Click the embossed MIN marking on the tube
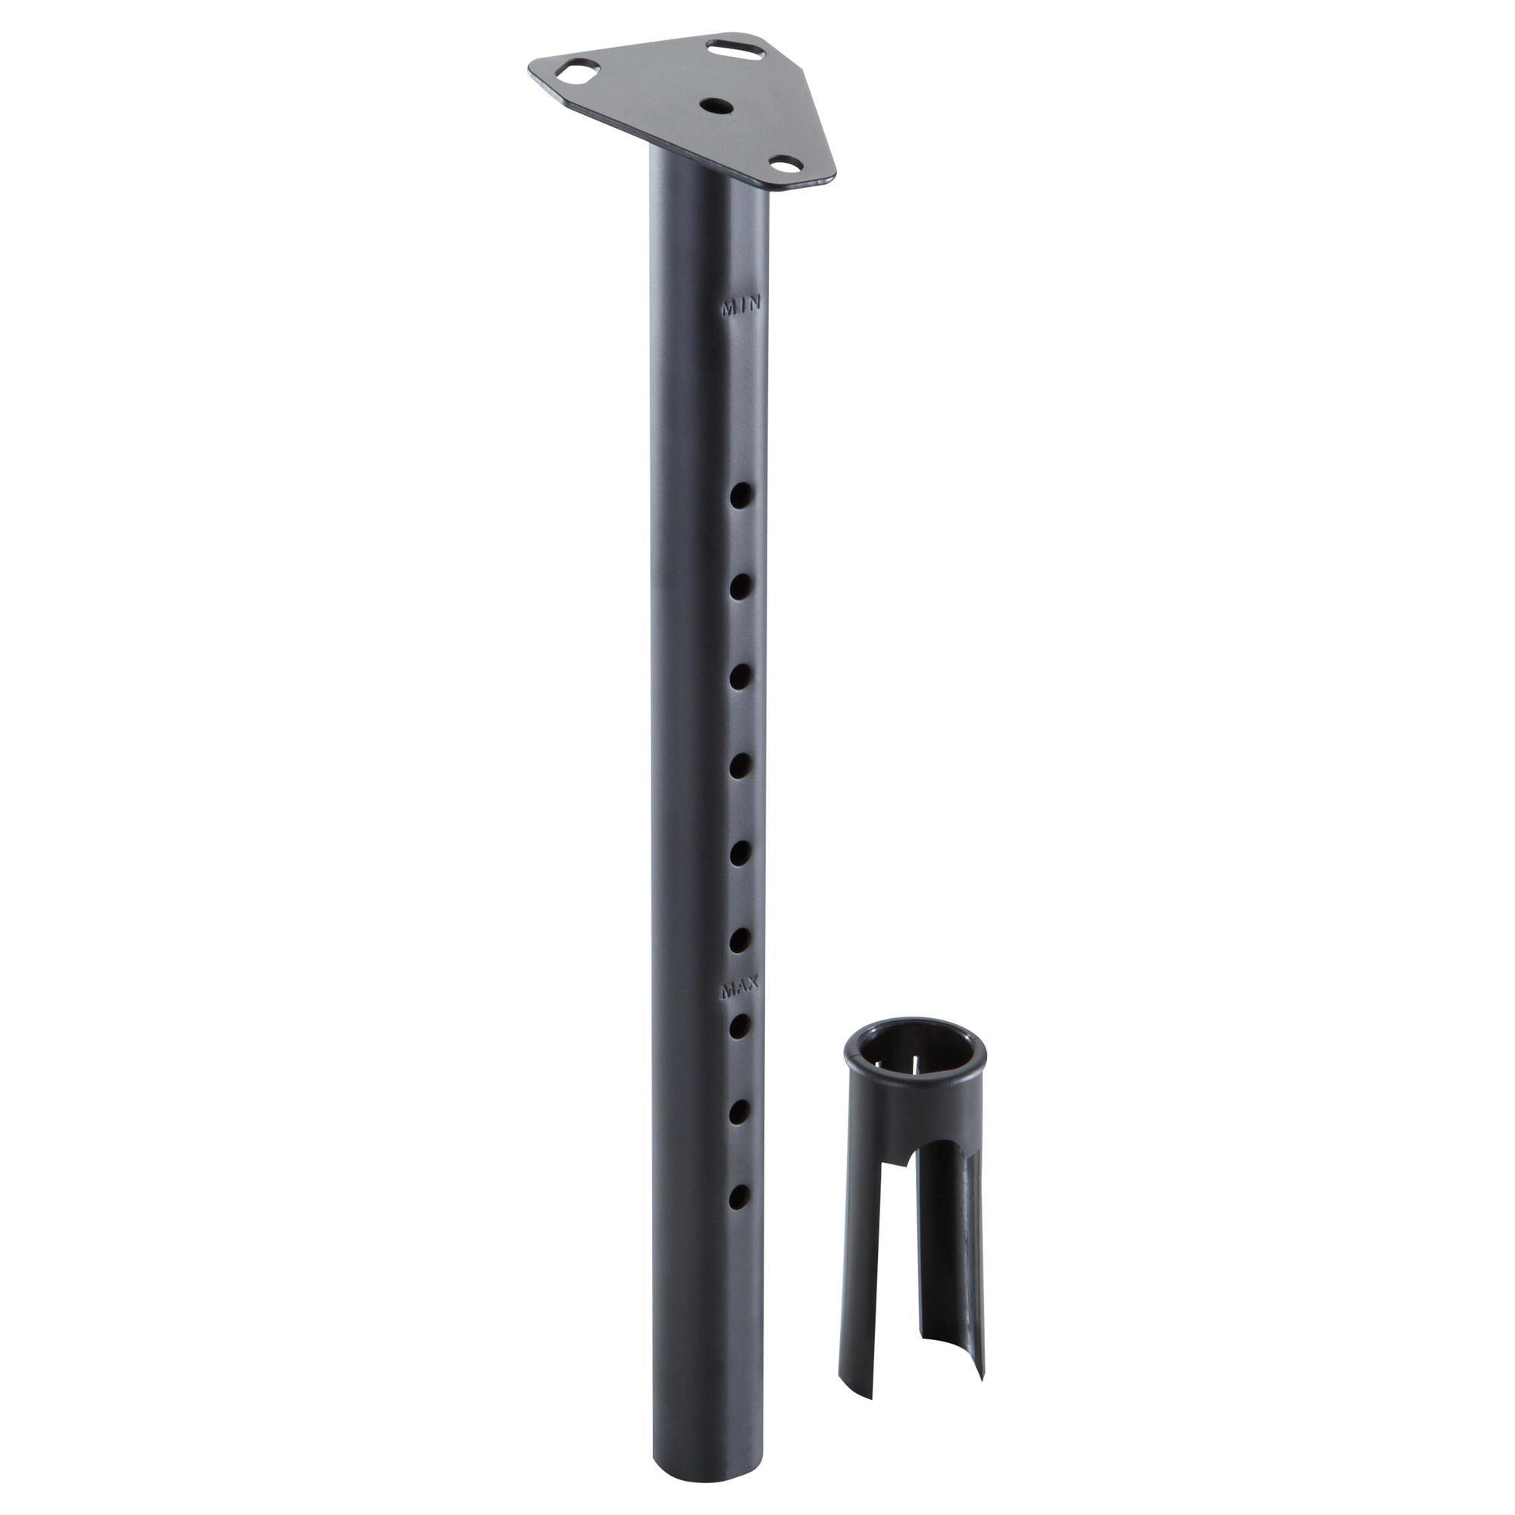pos(740,306)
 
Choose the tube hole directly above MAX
pos(739,939)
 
